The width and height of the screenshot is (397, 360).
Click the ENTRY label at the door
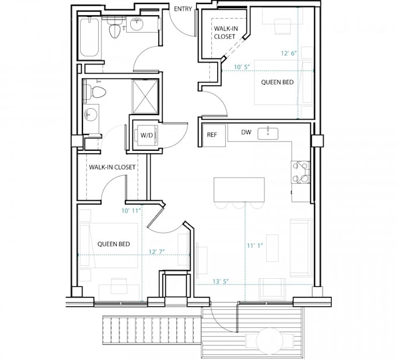tap(183, 9)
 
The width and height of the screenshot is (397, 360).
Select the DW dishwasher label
tap(246, 132)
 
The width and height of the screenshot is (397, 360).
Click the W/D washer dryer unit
tap(147, 135)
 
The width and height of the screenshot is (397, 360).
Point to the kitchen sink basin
tap(268, 134)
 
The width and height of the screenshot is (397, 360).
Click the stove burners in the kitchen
tap(301, 172)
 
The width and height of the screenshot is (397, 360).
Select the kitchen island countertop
tap(239, 189)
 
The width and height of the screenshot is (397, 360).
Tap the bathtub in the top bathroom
tap(89, 37)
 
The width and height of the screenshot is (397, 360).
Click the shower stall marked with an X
tap(145, 96)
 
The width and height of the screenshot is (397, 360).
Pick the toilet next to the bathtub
tap(114, 28)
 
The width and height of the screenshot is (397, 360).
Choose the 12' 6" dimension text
tap(289, 54)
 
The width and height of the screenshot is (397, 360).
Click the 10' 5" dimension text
tap(242, 67)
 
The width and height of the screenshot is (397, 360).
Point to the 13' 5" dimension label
tap(221, 282)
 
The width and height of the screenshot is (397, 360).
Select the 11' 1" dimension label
tap(255, 245)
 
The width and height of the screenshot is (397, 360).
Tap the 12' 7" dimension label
tap(156, 251)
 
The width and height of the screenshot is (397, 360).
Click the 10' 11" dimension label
tap(131, 210)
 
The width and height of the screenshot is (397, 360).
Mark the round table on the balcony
tap(270, 341)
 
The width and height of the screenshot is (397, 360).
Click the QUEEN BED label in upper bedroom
tap(277, 82)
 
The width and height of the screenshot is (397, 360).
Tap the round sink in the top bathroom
tap(137, 24)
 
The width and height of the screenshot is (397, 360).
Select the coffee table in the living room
tap(272, 248)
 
